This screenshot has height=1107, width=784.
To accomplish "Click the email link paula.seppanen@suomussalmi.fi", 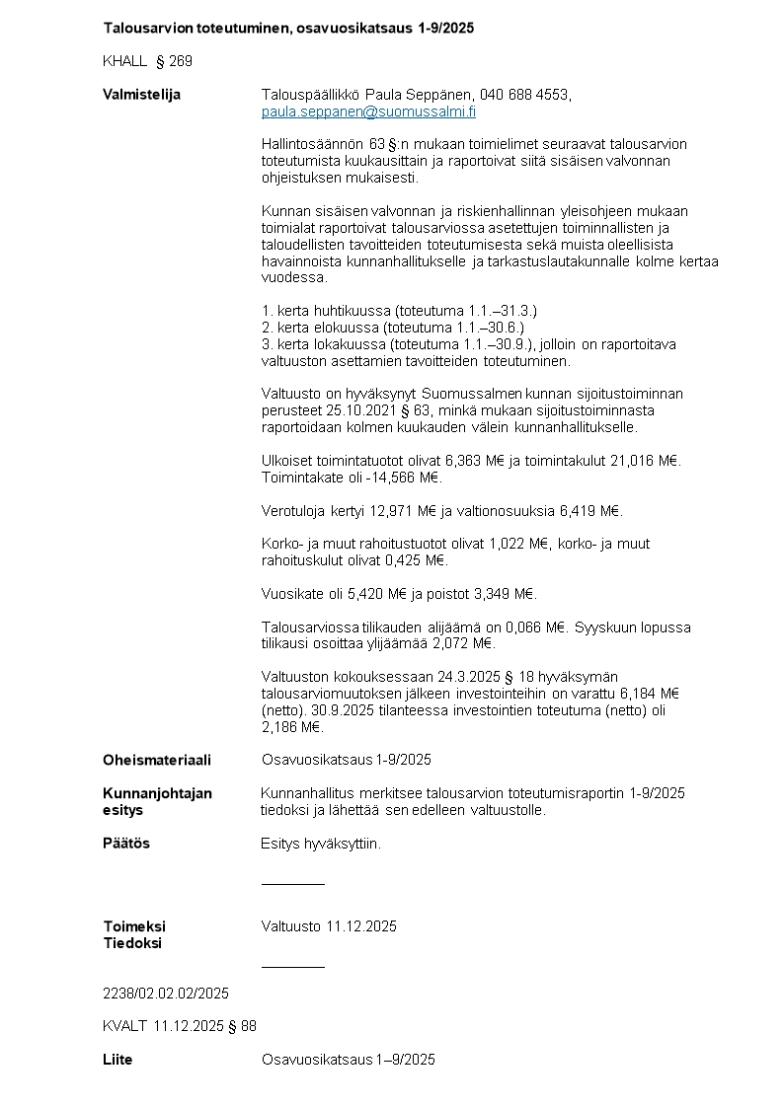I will click(x=368, y=111).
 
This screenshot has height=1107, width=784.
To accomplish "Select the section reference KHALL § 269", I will click(x=147, y=61).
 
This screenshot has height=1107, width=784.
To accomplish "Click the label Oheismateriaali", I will click(x=156, y=760).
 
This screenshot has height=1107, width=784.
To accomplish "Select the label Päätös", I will click(x=126, y=844).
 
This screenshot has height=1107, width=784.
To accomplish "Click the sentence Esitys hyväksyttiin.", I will click(x=321, y=844).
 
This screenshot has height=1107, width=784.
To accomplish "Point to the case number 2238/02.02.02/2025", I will click(x=166, y=993).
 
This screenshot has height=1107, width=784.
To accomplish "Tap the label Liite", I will click(x=118, y=1060).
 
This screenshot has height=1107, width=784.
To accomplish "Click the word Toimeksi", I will click(x=134, y=926).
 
